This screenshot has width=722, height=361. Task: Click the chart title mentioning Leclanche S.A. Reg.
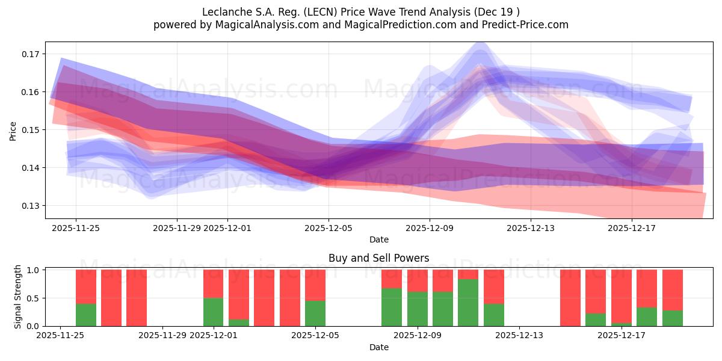point(360,11)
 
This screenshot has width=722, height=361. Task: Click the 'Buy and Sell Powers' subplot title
point(378,258)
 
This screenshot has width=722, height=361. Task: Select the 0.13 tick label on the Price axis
point(30,206)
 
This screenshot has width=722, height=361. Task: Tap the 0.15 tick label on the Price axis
point(30,130)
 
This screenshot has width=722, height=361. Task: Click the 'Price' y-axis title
point(13,130)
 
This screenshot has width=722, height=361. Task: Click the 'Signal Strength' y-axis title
point(18,297)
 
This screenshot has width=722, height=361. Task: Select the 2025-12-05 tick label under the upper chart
point(329,228)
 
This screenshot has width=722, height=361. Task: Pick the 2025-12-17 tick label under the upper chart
point(632,228)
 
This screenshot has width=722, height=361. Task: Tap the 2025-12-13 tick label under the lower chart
point(519,336)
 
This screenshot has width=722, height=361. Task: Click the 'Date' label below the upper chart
point(378,239)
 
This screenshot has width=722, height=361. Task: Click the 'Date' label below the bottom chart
point(378,347)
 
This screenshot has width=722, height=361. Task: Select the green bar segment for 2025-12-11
point(468,303)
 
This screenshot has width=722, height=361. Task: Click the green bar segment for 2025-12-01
point(214,312)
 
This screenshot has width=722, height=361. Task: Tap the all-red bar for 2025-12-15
point(570,298)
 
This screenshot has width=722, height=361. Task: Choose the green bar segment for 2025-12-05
point(315,313)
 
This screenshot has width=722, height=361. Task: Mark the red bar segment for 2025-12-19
point(673,290)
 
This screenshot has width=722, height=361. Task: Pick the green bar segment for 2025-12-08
point(392,307)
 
